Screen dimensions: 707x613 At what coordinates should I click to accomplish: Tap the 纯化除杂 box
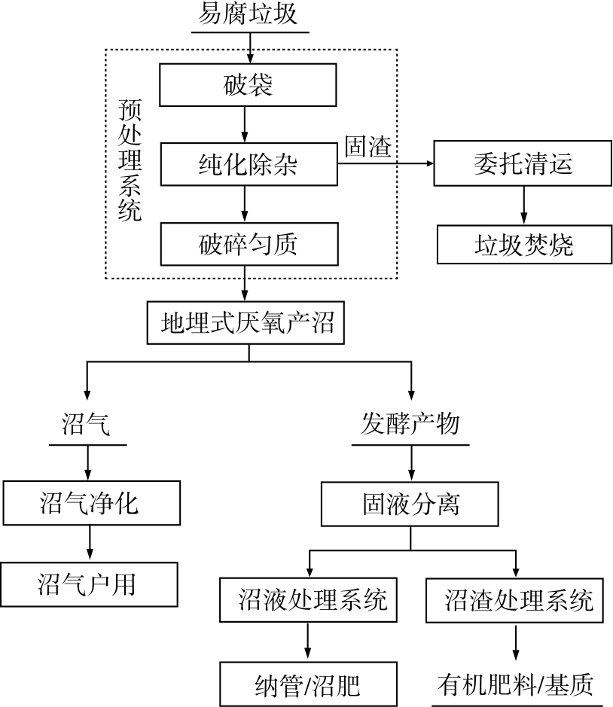pos(248,164)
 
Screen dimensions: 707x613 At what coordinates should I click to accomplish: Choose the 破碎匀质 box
pos(248,244)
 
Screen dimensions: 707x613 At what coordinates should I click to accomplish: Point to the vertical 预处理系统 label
pos(130,160)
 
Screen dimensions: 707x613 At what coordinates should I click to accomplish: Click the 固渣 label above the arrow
pos(367,147)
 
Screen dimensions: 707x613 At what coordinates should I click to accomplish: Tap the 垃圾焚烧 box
pos(523,244)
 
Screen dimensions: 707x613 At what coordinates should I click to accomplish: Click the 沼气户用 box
pos(89,584)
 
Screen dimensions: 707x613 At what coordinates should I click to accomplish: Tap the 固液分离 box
pos(410,504)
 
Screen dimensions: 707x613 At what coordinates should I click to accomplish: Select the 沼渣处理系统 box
pos(516,600)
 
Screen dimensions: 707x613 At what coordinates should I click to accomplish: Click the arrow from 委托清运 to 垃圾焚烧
pos(523,204)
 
